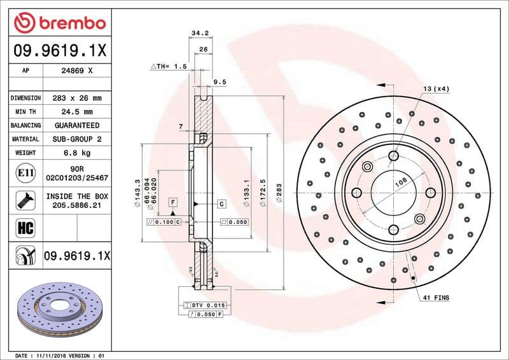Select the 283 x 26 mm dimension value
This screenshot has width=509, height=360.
pyautogui.click(x=77, y=99)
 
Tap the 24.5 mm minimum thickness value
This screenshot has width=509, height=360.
pyautogui.click(x=77, y=112)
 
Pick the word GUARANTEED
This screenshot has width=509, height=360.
pyautogui.click(x=77, y=125)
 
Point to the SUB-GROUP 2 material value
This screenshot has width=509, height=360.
pyautogui.click(x=77, y=139)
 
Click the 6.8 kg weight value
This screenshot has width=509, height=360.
pyautogui.click(x=77, y=153)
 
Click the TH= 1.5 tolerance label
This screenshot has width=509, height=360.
pyautogui.click(x=168, y=66)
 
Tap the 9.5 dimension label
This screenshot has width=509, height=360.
pyautogui.click(x=220, y=81)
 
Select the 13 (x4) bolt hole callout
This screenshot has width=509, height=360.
pyautogui.click(x=436, y=88)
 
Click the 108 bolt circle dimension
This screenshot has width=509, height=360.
pyautogui.click(x=401, y=181)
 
